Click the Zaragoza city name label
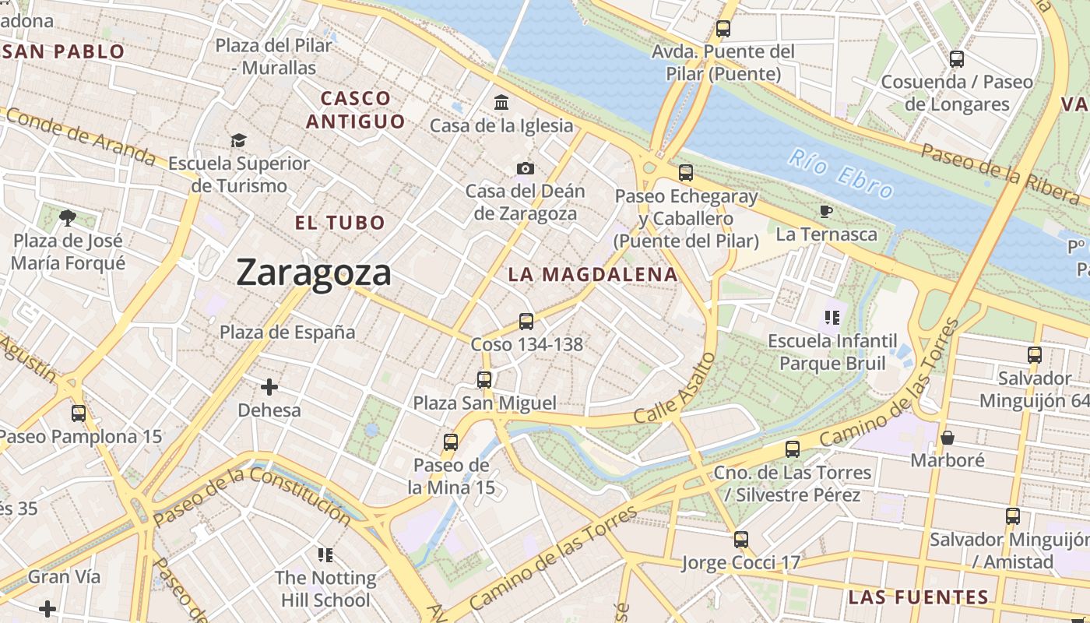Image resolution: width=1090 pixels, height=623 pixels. click(314, 273)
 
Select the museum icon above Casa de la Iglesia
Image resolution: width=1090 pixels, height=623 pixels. click(501, 103)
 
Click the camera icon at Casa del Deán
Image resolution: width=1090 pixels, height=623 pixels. click(526, 168)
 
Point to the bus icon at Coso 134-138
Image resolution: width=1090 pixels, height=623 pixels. click(526, 321)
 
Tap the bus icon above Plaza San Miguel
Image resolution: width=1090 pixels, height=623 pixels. click(484, 380)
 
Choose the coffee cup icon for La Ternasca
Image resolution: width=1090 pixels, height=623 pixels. click(826, 211)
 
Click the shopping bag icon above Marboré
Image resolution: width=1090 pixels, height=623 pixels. click(948, 438)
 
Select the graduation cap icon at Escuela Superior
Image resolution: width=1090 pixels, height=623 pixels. click(238, 140)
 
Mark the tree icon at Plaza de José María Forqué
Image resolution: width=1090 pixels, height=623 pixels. click(68, 217)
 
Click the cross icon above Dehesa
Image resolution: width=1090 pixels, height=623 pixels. click(269, 387)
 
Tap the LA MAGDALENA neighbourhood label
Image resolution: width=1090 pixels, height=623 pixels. click(592, 275)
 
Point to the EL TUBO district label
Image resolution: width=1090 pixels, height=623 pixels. click(340, 223)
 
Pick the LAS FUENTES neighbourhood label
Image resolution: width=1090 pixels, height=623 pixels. click(918, 598)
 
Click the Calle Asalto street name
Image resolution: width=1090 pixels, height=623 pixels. click(674, 388)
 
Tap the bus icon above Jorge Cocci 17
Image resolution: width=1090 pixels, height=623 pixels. click(741, 539)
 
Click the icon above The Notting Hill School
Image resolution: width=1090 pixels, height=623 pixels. click(325, 555)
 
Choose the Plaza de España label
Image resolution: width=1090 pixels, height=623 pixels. click(287, 333)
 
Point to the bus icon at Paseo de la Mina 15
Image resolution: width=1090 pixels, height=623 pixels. click(451, 442)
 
